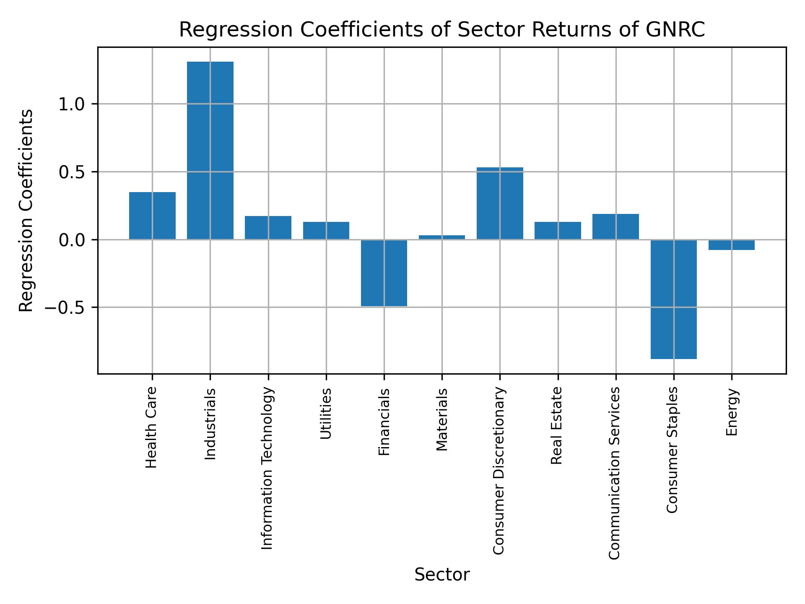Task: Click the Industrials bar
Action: (x=210, y=151)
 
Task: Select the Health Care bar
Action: (x=152, y=216)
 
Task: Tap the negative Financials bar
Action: (x=384, y=273)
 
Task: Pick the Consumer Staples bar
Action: (x=674, y=299)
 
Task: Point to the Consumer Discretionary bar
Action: (x=500, y=203)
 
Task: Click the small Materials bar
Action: (x=442, y=237)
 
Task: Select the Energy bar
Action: (x=732, y=245)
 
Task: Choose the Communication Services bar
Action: (x=615, y=227)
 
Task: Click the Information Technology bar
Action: (x=268, y=228)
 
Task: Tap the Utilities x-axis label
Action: (x=326, y=414)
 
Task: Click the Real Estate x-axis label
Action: (x=556, y=426)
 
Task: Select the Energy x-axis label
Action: (x=732, y=412)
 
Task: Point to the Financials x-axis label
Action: (x=384, y=422)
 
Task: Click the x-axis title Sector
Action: (x=442, y=575)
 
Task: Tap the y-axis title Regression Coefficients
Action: (x=26, y=211)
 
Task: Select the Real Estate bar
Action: (x=558, y=231)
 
